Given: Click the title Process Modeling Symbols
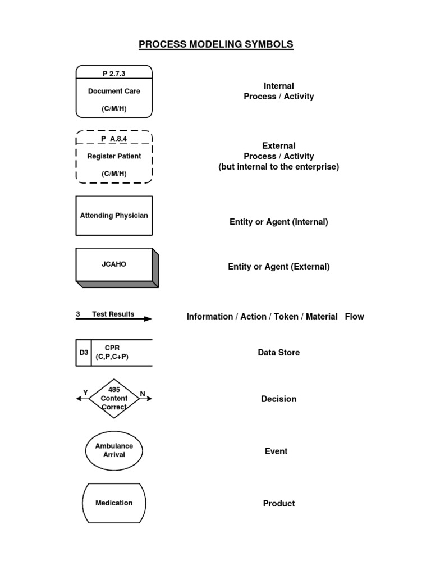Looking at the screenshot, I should pyautogui.click(x=216, y=44).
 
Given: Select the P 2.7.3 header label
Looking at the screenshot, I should pyautogui.click(x=114, y=74).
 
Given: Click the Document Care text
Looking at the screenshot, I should pyautogui.click(x=114, y=91).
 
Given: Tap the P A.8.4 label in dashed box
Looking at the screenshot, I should pyautogui.click(x=114, y=139).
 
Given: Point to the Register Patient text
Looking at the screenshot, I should pyautogui.click(x=114, y=156).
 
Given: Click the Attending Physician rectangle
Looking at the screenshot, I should pyautogui.click(x=114, y=216).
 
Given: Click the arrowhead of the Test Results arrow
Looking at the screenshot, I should pyautogui.click(x=148, y=319).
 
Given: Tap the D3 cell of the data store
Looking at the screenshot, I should pyautogui.click(x=83, y=353).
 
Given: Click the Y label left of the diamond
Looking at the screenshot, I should pyautogui.click(x=85, y=393).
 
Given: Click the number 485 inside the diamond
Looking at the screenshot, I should pyautogui.click(x=114, y=389).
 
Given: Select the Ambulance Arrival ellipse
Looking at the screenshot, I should pyautogui.click(x=114, y=450).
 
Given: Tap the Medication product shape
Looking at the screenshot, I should pyautogui.click(x=114, y=503).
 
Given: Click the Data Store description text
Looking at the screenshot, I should pyautogui.click(x=279, y=353).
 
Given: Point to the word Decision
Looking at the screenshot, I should pyautogui.click(x=279, y=399).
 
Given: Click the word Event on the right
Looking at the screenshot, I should pyautogui.click(x=276, y=451).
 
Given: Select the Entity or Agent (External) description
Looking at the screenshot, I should pyautogui.click(x=279, y=267).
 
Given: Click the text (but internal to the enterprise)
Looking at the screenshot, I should pyautogui.click(x=279, y=167).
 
